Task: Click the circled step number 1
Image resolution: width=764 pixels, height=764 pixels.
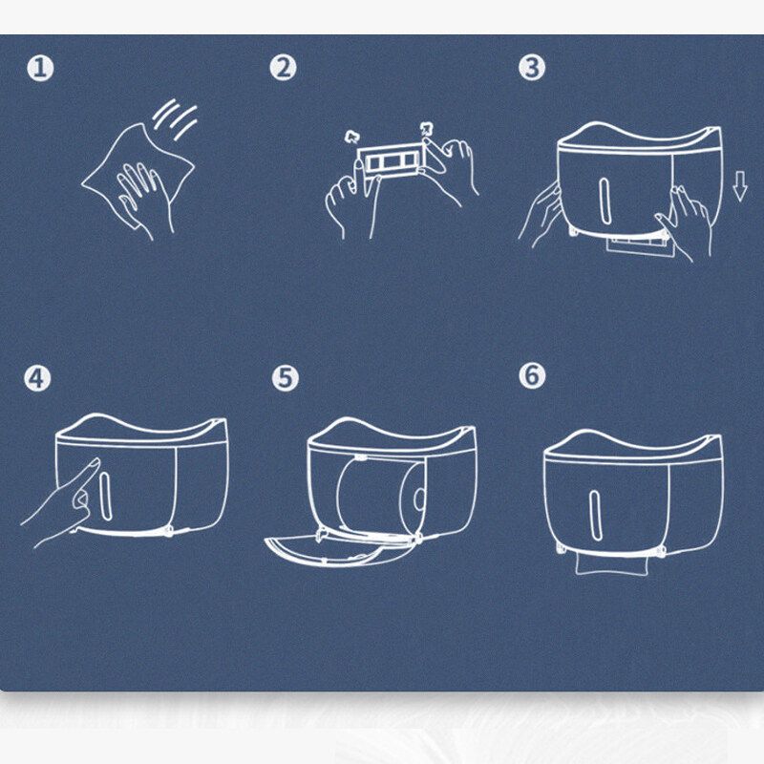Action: point(40,68)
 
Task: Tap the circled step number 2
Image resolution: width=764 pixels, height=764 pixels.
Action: point(283,67)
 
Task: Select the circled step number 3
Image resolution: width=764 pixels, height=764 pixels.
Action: point(532,67)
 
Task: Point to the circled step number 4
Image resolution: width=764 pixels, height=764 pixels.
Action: point(37,377)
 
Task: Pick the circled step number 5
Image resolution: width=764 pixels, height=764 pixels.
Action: point(285,377)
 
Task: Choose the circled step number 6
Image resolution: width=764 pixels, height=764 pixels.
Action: point(532,375)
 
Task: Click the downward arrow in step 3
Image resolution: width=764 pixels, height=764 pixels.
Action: point(739,186)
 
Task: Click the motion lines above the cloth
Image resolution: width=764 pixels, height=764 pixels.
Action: point(176,118)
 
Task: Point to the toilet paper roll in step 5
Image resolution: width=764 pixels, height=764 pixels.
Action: point(381,498)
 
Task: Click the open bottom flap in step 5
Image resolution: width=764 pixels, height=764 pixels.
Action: point(336,551)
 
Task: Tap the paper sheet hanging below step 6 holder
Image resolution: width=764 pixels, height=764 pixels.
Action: point(612,564)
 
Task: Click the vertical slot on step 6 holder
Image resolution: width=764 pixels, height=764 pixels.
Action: point(595,515)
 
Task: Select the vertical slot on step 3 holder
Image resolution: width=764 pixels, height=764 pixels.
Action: point(605,201)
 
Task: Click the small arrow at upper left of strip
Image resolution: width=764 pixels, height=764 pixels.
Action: point(350,136)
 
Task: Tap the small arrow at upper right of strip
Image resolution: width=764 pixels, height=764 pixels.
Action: point(427,129)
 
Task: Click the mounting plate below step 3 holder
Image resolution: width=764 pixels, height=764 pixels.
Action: point(640,246)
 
